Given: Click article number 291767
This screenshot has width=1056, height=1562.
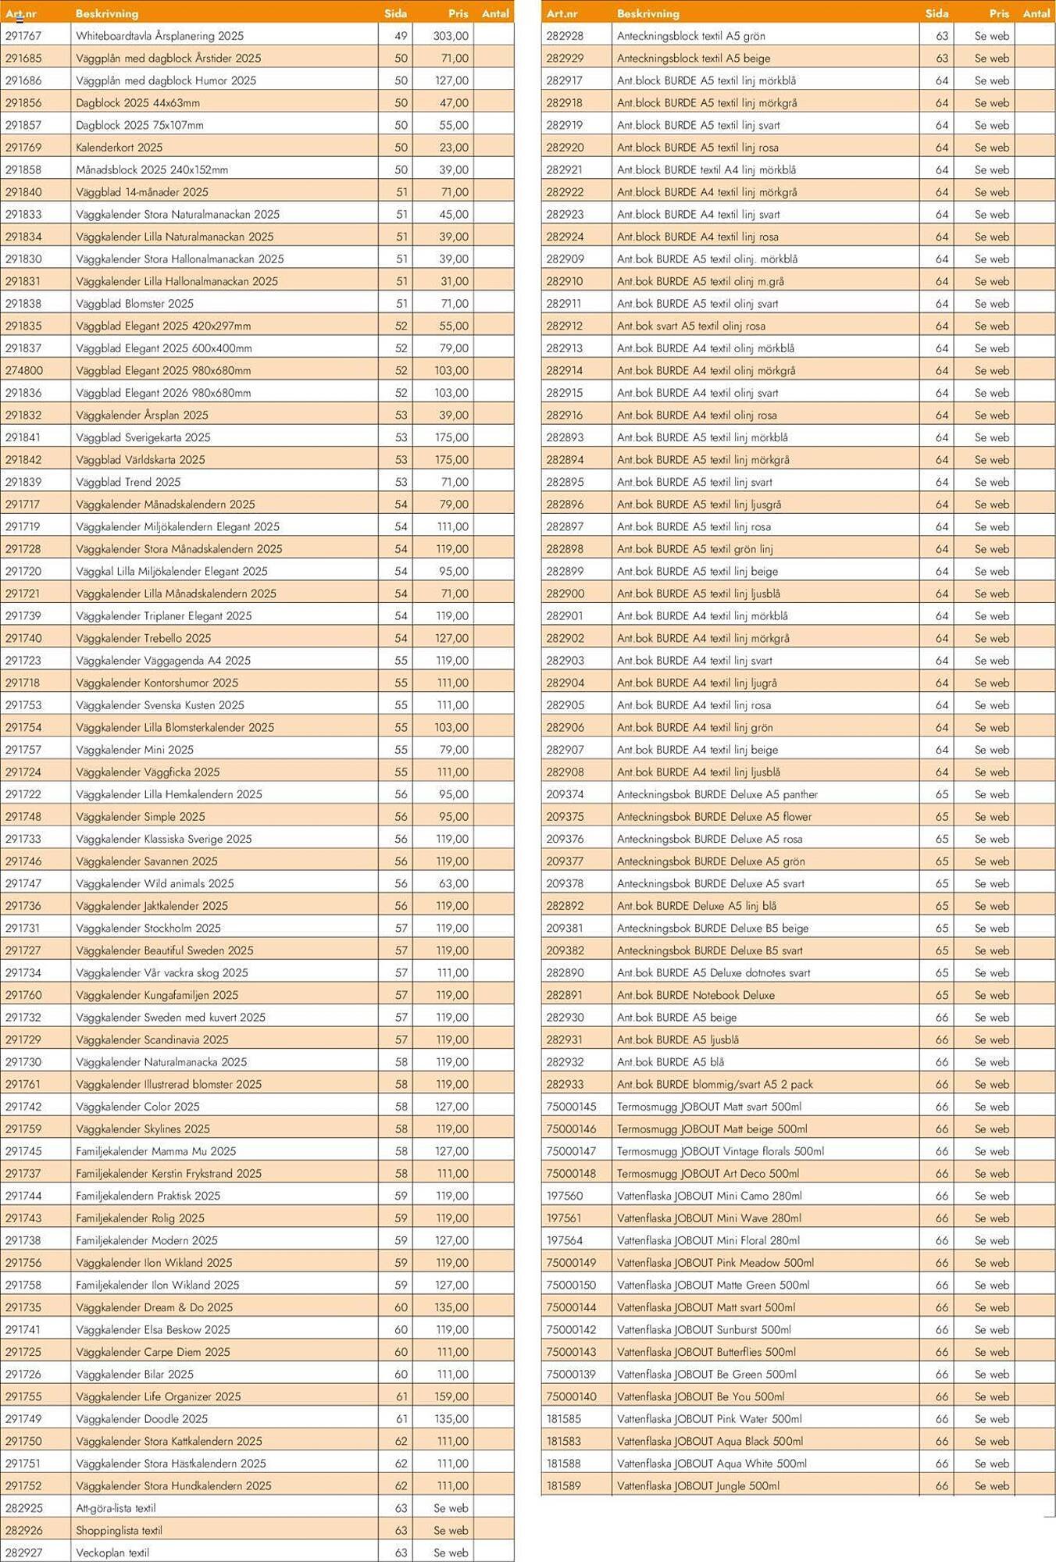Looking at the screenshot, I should [23, 36].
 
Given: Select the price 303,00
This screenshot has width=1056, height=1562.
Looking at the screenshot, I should [451, 36].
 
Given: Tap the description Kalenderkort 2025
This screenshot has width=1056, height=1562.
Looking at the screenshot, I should [120, 148].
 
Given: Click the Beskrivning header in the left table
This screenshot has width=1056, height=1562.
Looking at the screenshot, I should [107, 13].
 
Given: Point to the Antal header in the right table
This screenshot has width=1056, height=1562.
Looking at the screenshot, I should [1036, 13].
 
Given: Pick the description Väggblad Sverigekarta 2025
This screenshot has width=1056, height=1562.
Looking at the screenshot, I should [143, 437].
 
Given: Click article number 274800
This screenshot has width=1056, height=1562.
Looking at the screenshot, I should [23, 370].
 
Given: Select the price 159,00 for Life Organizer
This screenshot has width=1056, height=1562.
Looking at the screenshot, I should [451, 1396].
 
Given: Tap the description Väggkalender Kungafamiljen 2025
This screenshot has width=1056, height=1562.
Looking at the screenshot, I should [157, 995].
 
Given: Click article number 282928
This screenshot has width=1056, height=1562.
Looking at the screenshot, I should [565, 36].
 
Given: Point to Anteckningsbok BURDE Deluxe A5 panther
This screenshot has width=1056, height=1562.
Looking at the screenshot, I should [717, 794].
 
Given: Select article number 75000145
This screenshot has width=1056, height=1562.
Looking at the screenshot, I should [571, 1107].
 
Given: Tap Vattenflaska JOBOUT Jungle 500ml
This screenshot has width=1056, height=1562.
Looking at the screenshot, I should [698, 1485].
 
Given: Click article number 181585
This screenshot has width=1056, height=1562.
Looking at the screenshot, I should [564, 1418].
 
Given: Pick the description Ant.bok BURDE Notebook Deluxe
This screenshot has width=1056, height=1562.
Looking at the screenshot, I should [696, 995].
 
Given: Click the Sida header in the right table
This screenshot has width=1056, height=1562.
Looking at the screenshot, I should [936, 13].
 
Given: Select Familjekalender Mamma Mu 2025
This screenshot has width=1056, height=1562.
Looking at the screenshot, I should [155, 1151].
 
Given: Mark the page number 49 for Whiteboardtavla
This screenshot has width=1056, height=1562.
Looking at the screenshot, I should [401, 36].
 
